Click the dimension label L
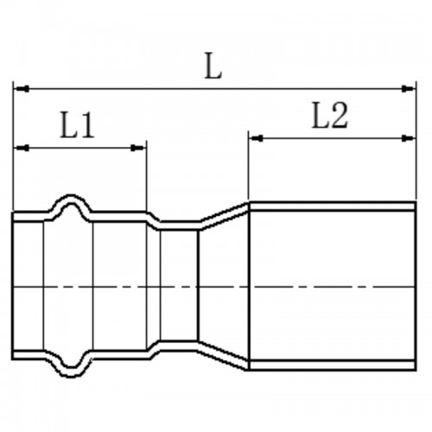[213, 66]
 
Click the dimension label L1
[77, 125]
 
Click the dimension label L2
[330, 115]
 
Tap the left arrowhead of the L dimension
[22, 89]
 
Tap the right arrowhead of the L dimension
[409, 89]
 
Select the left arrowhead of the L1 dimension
[22, 148]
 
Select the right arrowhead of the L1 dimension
[138, 148]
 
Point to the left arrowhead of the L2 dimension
[256, 138]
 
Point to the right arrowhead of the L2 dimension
[409, 138]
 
